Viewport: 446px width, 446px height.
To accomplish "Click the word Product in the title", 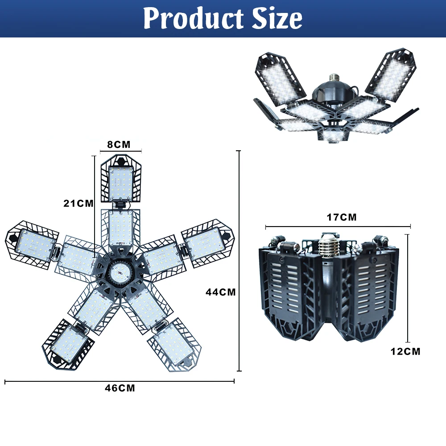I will click(194, 19).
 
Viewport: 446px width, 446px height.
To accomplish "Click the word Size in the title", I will click(276, 19).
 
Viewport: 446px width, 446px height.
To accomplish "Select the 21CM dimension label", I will click(78, 203).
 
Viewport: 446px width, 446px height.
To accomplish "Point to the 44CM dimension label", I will click(220, 292).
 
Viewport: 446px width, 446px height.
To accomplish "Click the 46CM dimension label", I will click(120, 388).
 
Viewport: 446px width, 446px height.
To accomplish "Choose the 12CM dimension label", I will click(405, 351).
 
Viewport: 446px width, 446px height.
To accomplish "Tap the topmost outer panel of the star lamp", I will click(120, 181).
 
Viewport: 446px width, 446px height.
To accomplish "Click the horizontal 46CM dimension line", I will click(120, 381).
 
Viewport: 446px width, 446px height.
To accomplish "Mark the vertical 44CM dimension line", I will click(240, 261).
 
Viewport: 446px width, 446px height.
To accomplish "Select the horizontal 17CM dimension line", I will click(338, 227).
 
